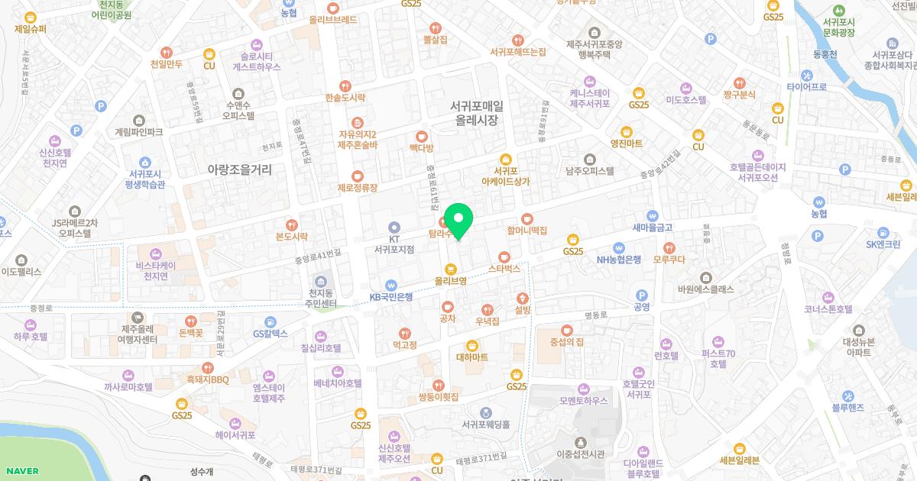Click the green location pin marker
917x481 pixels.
[x=458, y=221]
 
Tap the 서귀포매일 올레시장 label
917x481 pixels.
[x=476, y=114]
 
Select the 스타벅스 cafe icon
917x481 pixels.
[x=503, y=257]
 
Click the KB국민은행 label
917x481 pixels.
[x=391, y=296]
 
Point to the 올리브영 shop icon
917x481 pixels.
[x=451, y=268]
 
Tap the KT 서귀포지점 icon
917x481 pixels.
[x=394, y=227]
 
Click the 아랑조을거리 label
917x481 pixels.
[x=240, y=169]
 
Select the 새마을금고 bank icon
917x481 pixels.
[x=652, y=215]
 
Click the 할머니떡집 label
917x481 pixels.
[x=527, y=229]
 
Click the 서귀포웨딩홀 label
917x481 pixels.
[x=485, y=424]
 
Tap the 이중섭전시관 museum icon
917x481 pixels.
[x=580, y=442]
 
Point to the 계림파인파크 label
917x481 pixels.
[x=138, y=132]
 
